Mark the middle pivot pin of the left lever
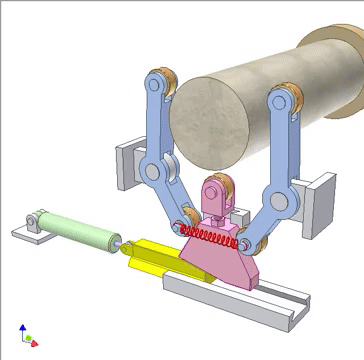(x=152, y=172)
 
